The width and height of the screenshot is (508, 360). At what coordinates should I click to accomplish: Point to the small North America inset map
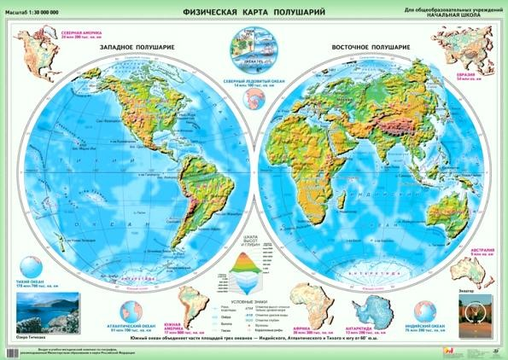(x=32, y=55)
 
